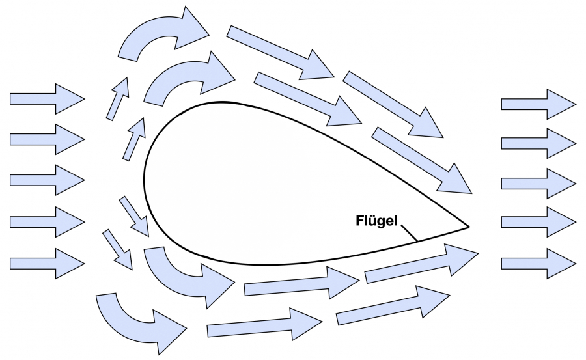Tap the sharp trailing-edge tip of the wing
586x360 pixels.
pos(468,227)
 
